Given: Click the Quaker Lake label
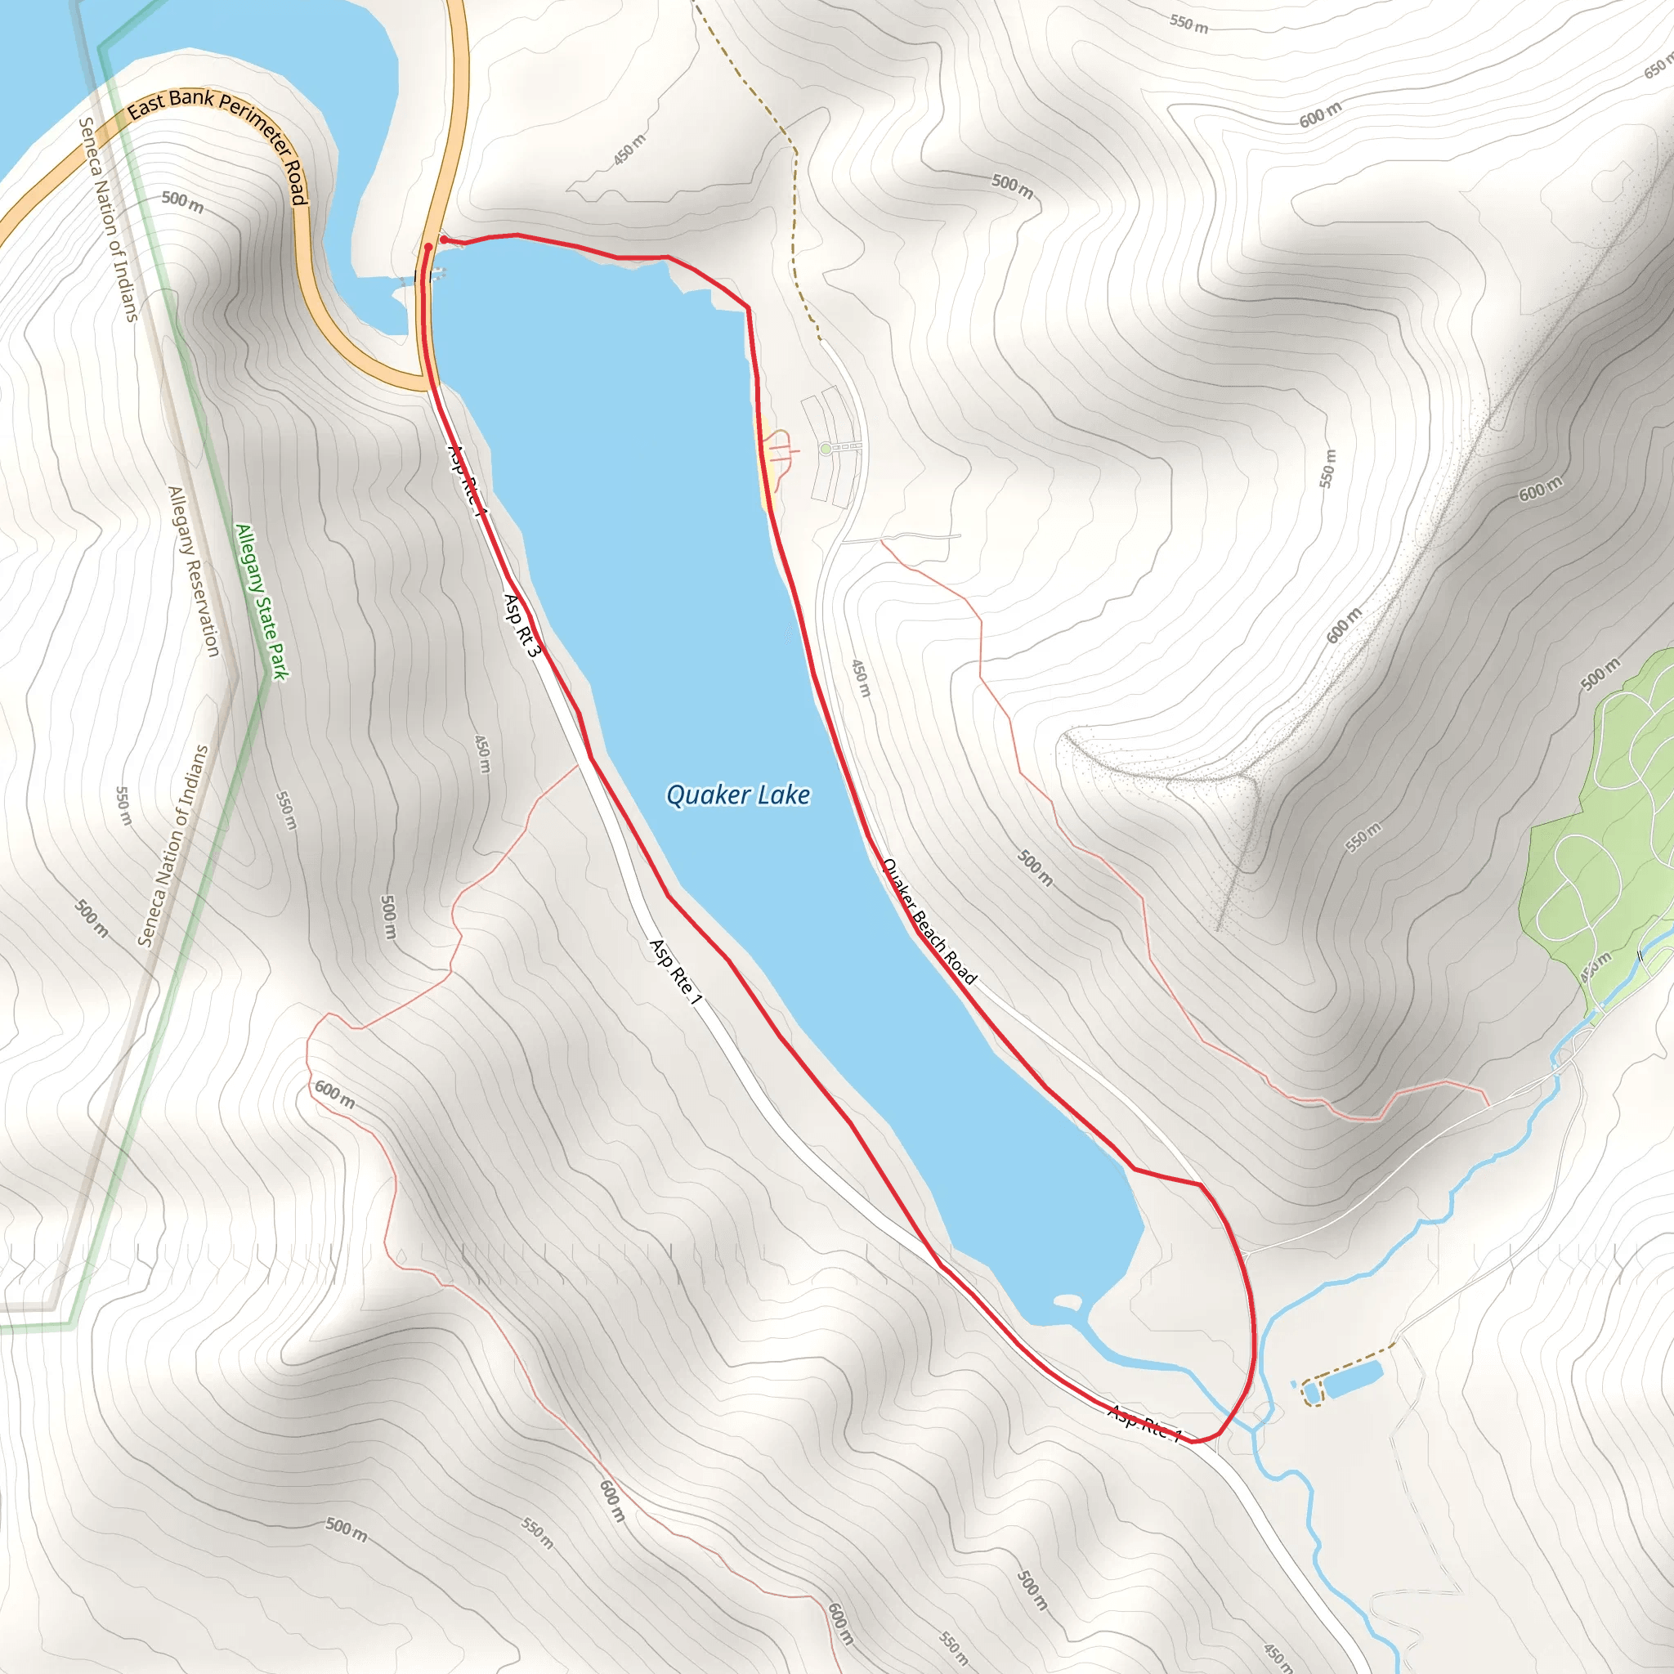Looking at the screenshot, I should (737, 794).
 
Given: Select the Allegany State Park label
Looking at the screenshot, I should (262, 602).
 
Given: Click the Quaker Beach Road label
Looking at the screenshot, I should (929, 921).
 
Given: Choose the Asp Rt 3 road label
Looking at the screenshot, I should (521, 624).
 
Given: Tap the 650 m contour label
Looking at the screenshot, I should (1657, 68).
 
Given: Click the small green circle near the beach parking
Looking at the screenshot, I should (826, 449).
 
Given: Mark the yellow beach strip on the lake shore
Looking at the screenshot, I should (764, 464).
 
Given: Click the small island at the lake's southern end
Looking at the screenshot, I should (1067, 1300).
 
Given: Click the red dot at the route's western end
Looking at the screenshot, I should (428, 247).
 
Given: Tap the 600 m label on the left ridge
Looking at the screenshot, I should (333, 1094).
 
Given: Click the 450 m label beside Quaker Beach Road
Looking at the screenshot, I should (860, 678).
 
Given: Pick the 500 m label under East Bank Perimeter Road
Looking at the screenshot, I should (182, 202).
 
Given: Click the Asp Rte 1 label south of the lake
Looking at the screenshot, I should (1144, 1424).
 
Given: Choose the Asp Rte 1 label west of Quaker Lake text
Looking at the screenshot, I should (674, 972).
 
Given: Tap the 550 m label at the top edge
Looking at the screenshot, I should (1188, 24).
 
